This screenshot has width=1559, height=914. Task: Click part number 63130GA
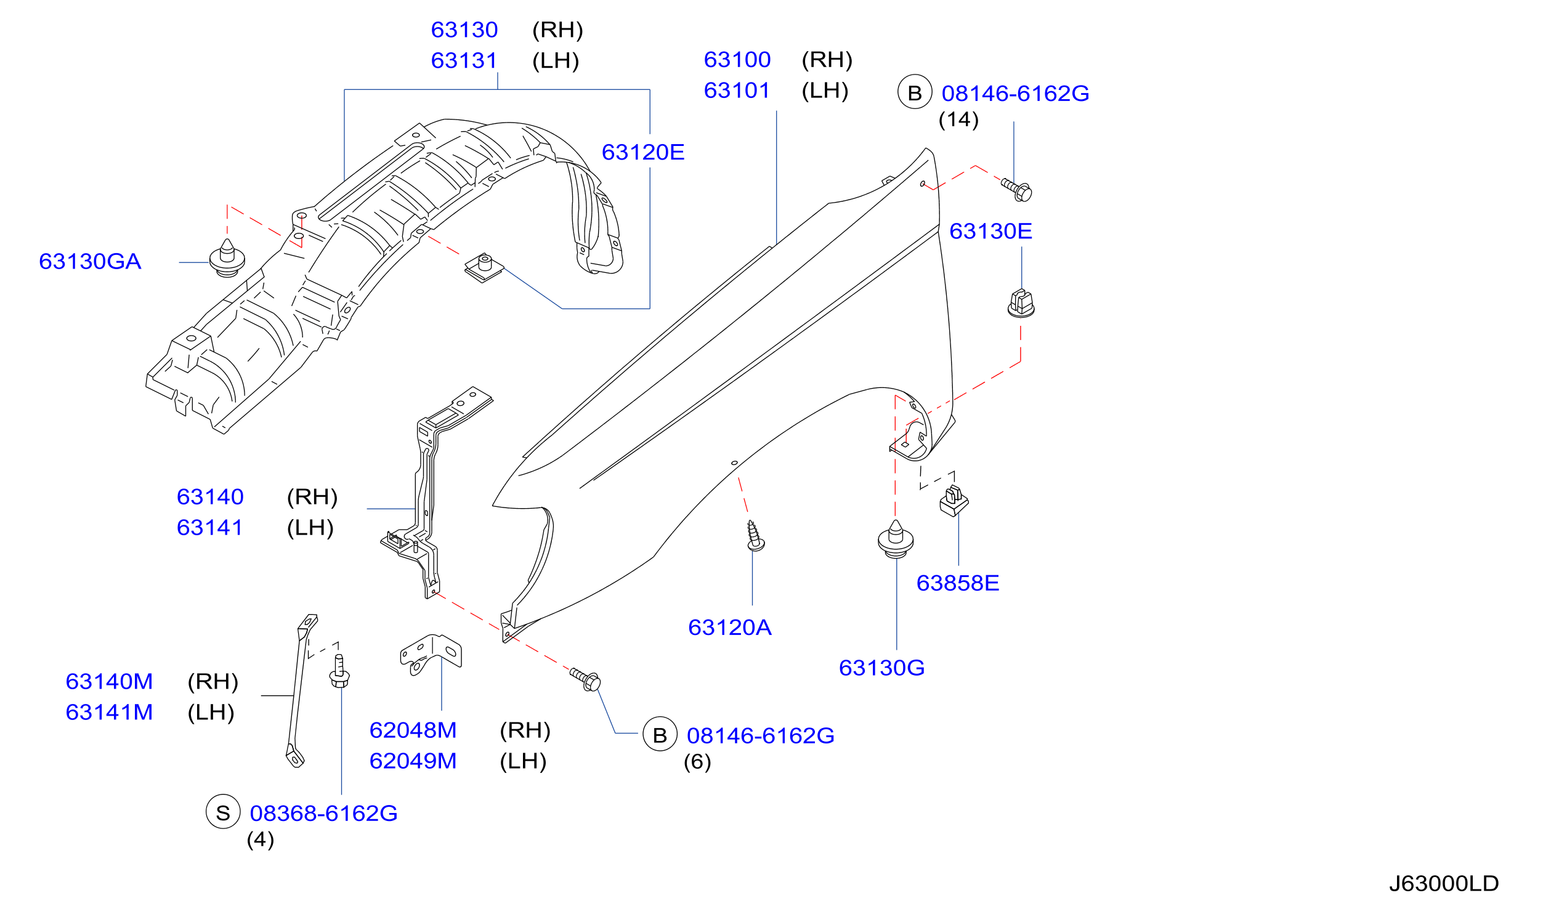point(91,262)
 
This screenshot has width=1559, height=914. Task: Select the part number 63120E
point(643,152)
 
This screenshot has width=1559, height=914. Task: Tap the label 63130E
point(990,232)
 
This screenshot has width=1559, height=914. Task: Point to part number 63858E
point(958,583)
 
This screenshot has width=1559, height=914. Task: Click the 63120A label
point(730,628)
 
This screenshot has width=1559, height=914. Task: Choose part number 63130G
point(881,668)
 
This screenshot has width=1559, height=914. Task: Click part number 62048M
point(413,730)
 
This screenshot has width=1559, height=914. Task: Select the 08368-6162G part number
point(323,813)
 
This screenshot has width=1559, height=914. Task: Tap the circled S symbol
point(224,812)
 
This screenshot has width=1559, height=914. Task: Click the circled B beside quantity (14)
point(915,92)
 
